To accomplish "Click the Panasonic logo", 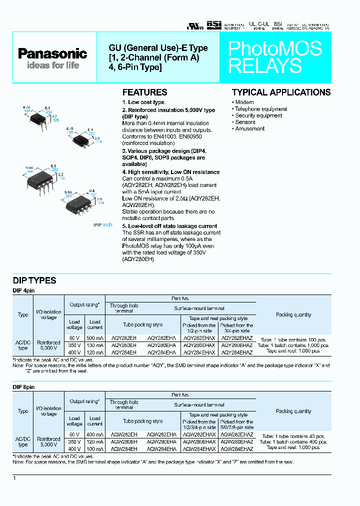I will coord(52,53).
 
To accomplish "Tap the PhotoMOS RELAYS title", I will coord(274,57).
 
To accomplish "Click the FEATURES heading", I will coord(144,92).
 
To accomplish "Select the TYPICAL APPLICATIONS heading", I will coord(281,92).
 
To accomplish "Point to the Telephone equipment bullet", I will coord(260,109).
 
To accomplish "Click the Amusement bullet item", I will coord(249,128).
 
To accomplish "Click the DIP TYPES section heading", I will coord(34,280).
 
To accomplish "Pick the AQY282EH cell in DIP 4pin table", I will coord(124,338).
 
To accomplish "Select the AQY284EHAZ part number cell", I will coord(237,352).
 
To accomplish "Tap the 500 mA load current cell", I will coord(94,338).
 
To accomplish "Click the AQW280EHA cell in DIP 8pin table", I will coord(161,442).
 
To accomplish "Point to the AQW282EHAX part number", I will coord(199,435).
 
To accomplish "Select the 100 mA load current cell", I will coord(94,449).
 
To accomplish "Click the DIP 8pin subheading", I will coord(23,387).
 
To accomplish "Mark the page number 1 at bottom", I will coord(14,479).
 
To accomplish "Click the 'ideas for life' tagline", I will coord(52,65).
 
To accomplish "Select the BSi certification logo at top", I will coord(214,24).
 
